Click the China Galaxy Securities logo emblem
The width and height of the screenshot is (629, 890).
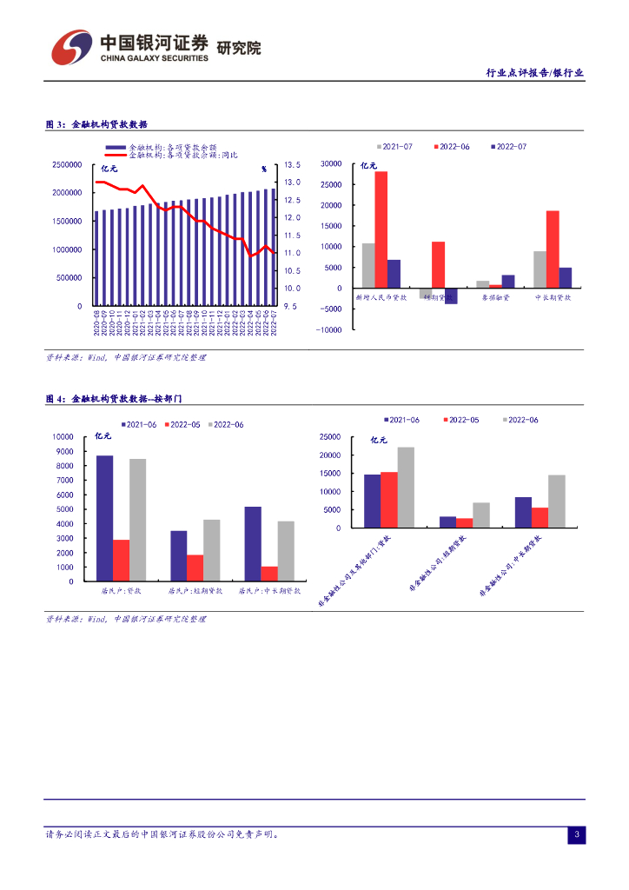[x=70, y=47]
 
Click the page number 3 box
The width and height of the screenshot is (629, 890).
[x=575, y=835]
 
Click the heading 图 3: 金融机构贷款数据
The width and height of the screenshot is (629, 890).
[x=96, y=124]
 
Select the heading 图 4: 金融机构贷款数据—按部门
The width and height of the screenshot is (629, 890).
[x=113, y=398]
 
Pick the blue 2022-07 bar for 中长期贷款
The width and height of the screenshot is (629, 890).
[x=566, y=277]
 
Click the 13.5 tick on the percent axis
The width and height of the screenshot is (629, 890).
[x=292, y=164]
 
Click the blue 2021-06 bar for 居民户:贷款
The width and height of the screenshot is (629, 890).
[x=104, y=518]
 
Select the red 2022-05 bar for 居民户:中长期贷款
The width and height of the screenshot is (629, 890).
[x=269, y=574]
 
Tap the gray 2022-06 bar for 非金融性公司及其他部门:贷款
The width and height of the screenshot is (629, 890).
[x=406, y=487]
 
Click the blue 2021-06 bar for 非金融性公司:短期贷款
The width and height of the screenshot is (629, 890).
[x=447, y=521]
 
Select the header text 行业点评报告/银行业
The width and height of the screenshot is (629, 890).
[x=534, y=73]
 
